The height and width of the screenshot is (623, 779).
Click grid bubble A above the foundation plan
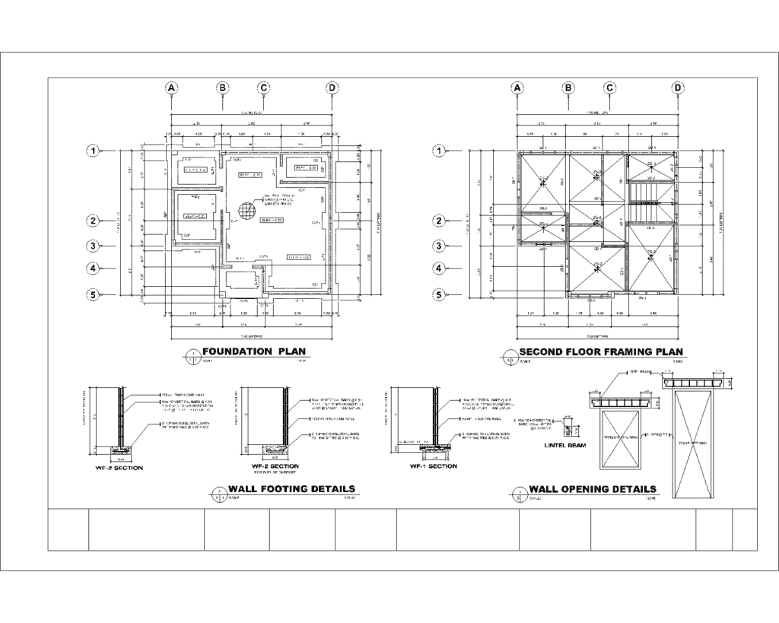[x=173, y=88]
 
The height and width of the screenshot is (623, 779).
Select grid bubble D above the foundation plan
[x=332, y=88]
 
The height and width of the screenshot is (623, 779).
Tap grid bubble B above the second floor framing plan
[x=569, y=88]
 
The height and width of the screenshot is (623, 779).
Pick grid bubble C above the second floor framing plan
[x=610, y=88]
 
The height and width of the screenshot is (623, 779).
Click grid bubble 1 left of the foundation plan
[x=94, y=151]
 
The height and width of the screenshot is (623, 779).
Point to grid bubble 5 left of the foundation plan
[x=94, y=295]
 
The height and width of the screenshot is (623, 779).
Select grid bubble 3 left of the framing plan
[x=440, y=246]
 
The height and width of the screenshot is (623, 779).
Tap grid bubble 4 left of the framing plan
[x=440, y=268]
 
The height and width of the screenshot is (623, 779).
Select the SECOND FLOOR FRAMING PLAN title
[x=600, y=351]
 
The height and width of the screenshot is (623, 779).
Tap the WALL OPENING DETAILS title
[x=593, y=489]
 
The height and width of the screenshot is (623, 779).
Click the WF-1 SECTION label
[x=432, y=466]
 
